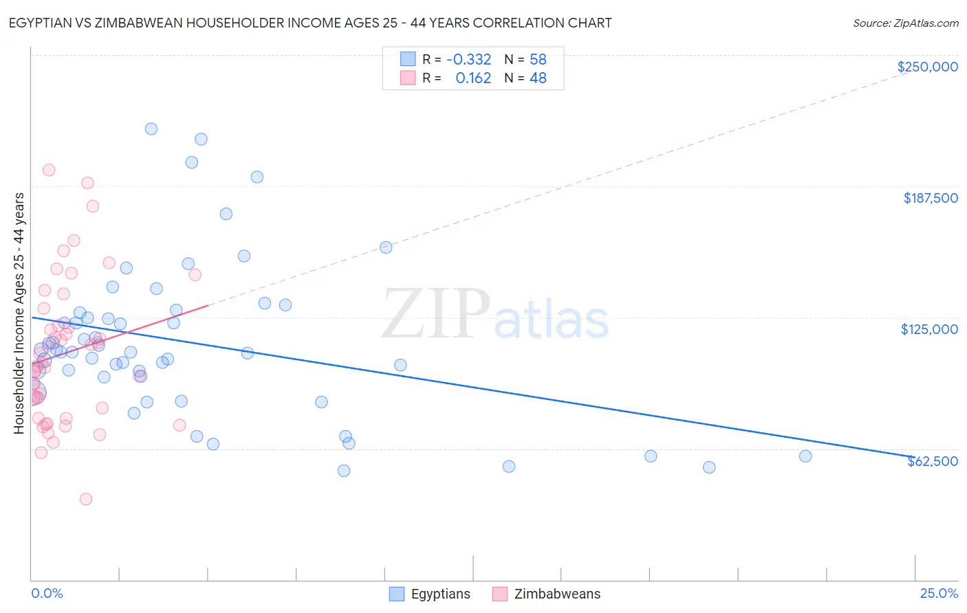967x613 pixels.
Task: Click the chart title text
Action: (309, 23)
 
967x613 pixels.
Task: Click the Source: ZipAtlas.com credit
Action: (905, 23)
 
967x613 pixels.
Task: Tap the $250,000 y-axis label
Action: (927, 67)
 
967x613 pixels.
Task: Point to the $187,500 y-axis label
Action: (930, 198)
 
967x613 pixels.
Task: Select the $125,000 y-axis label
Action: (929, 329)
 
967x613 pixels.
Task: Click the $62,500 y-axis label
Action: (932, 461)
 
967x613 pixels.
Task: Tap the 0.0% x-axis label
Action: (47, 593)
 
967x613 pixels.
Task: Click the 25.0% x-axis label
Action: (939, 593)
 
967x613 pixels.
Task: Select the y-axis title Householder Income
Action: (19, 313)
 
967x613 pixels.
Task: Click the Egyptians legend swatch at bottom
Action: (397, 594)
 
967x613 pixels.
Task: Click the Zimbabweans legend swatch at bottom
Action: (500, 594)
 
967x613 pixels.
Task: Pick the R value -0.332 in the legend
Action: (468, 59)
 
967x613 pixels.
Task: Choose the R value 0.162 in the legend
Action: (473, 78)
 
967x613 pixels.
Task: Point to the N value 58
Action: (538, 59)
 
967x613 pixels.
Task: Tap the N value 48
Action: (538, 78)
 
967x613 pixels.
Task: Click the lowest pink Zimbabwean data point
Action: (86, 499)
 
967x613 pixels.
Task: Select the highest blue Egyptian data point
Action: (151, 129)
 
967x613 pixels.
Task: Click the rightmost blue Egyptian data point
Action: (805, 456)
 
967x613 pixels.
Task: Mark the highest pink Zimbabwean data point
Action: (49, 170)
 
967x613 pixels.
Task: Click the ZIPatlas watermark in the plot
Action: (495, 315)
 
